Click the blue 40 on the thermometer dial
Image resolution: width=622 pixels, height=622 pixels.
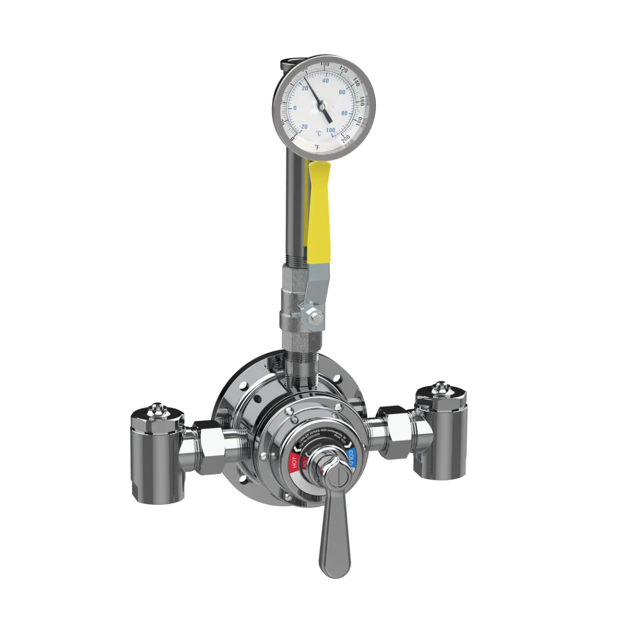coord(326,80)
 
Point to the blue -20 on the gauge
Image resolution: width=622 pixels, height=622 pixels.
coord(304,126)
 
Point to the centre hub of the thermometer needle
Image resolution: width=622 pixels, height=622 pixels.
coord(321,106)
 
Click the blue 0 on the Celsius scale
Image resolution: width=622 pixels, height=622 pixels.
coord(295,108)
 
